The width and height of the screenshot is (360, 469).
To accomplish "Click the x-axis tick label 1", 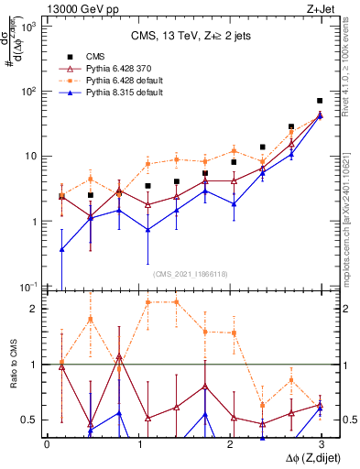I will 138,443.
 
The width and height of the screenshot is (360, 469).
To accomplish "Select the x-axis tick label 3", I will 321,443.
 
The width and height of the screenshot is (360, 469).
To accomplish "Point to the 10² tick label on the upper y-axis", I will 29,91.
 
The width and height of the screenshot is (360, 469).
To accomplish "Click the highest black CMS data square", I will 320,101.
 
